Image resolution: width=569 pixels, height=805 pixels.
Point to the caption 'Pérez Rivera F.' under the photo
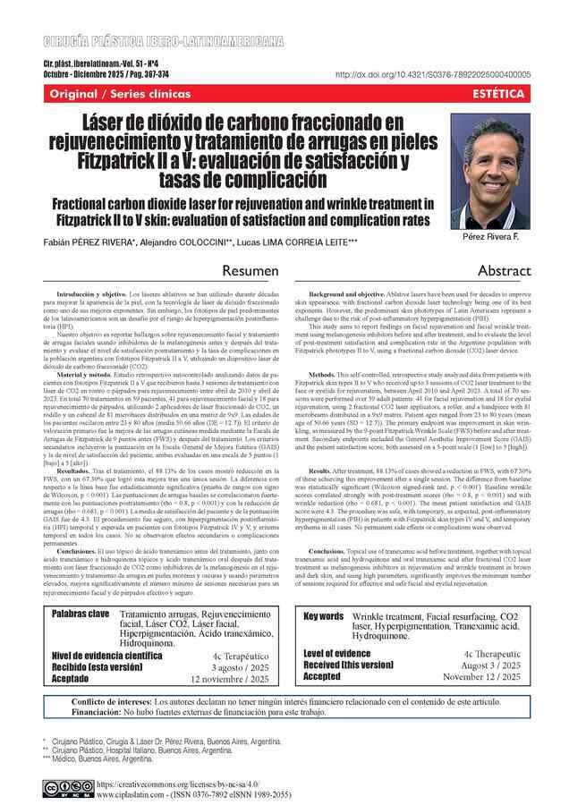509,239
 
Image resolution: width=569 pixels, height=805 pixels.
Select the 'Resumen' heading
253,269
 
